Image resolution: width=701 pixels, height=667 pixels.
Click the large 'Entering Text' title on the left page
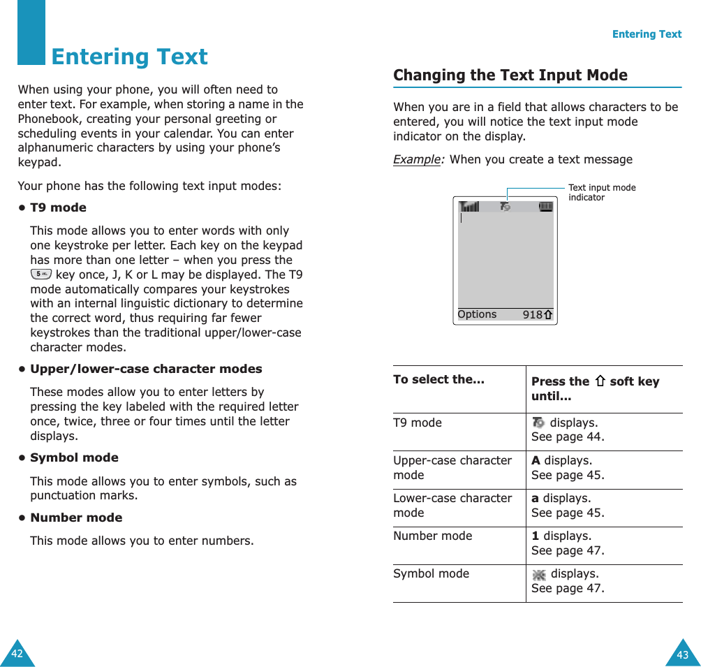129,57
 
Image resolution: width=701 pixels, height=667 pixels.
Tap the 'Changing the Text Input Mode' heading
510,75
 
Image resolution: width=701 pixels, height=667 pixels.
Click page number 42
17,654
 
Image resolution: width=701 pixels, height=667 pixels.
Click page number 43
682,654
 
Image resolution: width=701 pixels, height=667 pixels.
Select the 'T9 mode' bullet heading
58,207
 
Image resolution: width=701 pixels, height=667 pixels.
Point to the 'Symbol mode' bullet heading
74,457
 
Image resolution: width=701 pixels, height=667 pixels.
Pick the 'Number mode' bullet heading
75,518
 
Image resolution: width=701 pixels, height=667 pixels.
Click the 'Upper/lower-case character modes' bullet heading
146,369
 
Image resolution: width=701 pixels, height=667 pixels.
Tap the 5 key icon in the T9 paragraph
41,274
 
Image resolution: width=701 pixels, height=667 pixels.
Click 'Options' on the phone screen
477,314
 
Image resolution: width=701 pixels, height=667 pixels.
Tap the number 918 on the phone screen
532,315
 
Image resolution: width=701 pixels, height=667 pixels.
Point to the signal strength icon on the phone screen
469,207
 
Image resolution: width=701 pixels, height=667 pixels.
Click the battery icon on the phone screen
545,207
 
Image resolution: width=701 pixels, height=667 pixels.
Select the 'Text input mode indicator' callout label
601,192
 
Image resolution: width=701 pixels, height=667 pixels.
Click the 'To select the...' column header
438,379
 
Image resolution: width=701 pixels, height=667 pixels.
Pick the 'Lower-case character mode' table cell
452,506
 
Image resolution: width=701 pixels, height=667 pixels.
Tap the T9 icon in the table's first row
538,423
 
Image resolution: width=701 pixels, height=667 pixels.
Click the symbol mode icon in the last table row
539,574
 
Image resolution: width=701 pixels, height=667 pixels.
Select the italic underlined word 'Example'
418,159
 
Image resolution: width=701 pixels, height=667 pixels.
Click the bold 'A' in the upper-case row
536,460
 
